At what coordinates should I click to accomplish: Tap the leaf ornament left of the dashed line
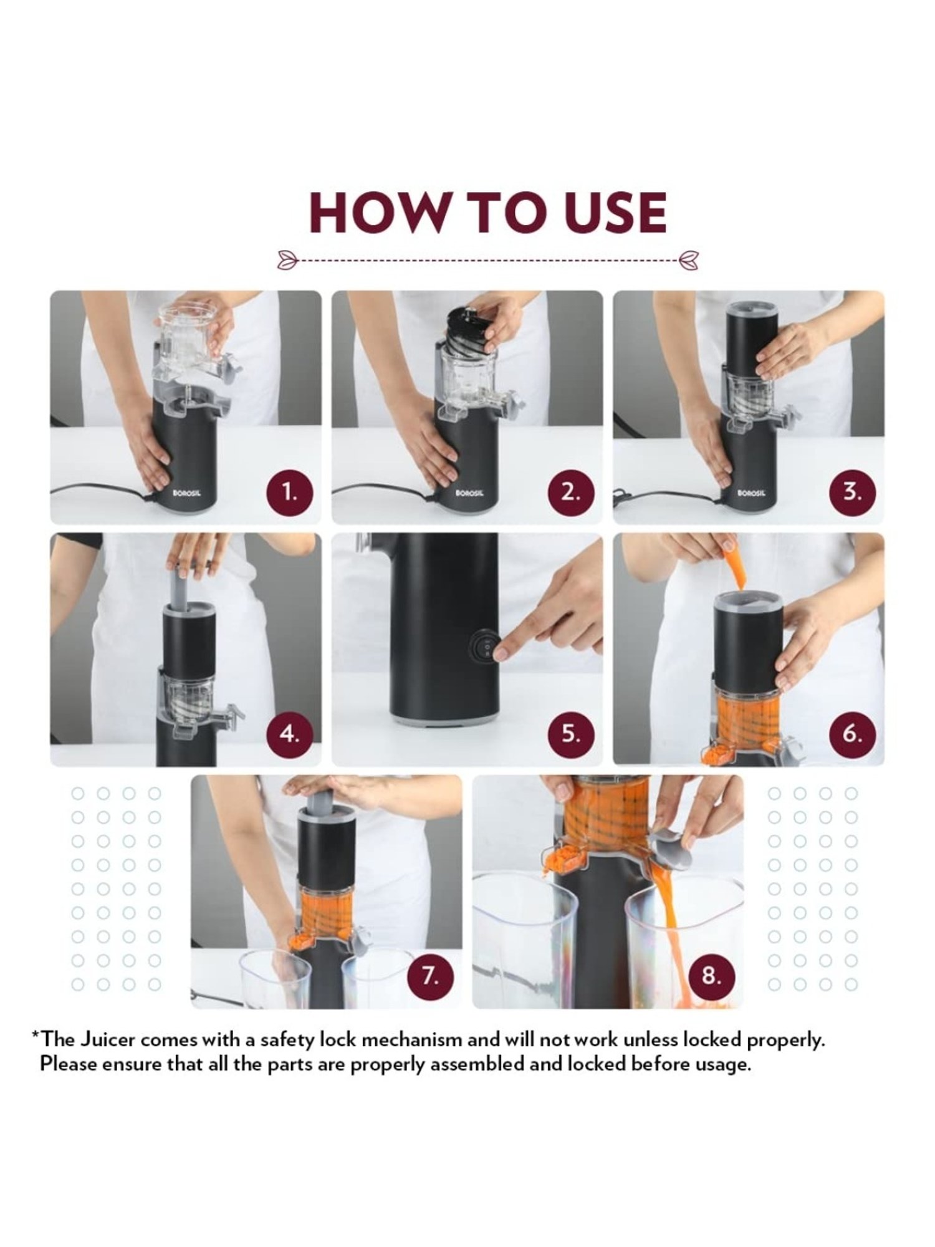pyautogui.click(x=288, y=257)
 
